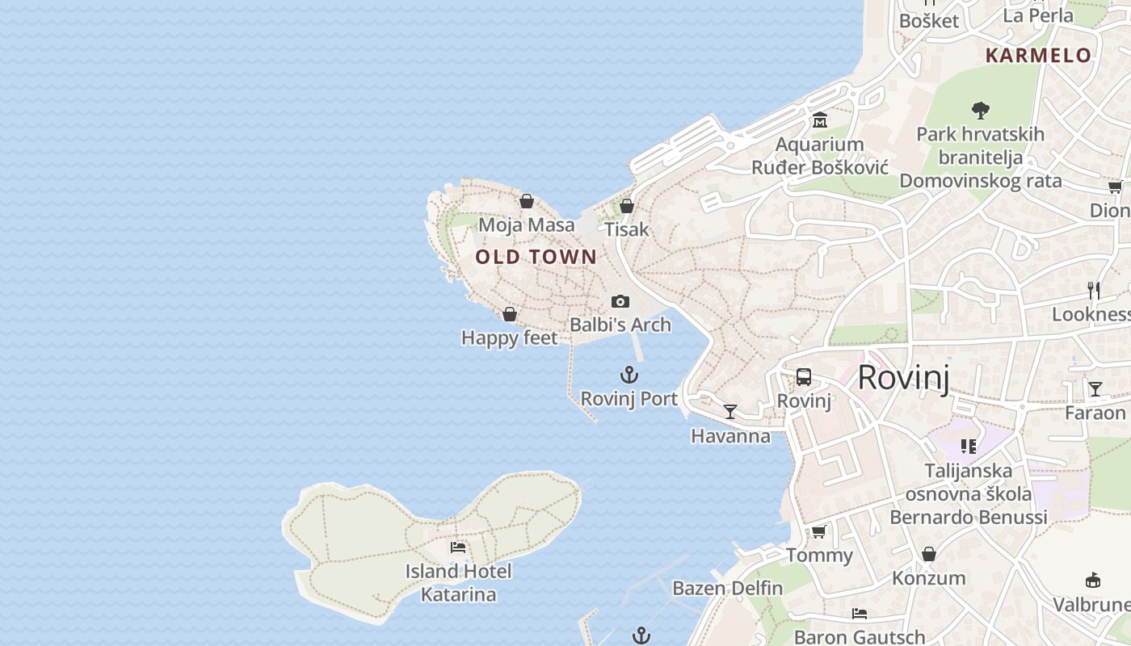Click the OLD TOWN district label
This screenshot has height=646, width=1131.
click(536, 258)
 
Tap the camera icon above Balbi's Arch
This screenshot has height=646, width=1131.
click(620, 301)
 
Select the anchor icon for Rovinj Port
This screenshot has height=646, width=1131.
click(629, 375)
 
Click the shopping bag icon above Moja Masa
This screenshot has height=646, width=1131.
click(527, 201)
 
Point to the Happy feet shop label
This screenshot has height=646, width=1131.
click(510, 338)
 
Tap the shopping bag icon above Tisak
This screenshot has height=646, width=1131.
click(627, 206)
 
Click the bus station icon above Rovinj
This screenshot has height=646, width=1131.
click(804, 377)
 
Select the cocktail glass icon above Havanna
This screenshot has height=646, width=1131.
click(730, 412)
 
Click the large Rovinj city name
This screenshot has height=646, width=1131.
click(903, 377)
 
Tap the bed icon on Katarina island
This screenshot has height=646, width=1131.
click(458, 547)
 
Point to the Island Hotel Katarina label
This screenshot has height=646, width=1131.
click(458, 583)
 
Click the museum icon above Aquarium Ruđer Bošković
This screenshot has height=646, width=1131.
click(820, 121)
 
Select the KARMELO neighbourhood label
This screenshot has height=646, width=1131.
click(1039, 56)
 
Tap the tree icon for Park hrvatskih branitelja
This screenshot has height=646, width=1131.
click(981, 110)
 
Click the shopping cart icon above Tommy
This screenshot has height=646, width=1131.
click(819, 531)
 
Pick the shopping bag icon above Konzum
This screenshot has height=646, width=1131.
click(929, 554)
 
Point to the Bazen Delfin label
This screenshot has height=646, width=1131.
click(728, 588)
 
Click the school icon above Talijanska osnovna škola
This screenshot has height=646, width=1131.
click(969, 446)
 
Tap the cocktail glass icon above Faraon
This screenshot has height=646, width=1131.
click(1095, 389)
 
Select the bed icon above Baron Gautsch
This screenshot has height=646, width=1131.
click(860, 614)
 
